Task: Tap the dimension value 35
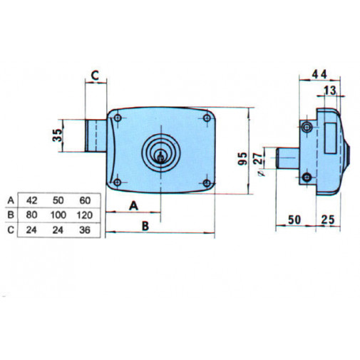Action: point(56,135)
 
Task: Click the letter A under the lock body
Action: point(133,205)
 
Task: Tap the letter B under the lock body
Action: point(145,225)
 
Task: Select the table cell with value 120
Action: point(83,215)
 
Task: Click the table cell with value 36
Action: point(83,229)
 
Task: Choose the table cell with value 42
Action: point(32,200)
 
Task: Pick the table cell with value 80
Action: point(32,215)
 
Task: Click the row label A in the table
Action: point(10,200)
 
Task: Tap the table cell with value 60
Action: point(83,200)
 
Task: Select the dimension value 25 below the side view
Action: point(329,219)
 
